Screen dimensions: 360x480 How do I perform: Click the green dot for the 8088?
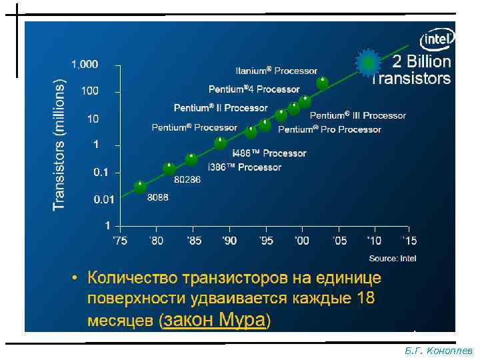click(140, 187)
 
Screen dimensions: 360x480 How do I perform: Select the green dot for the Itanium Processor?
click(322, 83)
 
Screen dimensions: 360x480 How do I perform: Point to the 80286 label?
click(187, 180)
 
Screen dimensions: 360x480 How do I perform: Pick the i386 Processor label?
click(245, 167)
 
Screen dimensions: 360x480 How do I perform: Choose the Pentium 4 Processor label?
click(254, 89)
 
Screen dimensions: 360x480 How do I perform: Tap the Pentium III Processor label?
click(357, 115)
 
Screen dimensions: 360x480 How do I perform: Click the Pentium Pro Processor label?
click(329, 129)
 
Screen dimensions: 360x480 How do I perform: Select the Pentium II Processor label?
click(221, 107)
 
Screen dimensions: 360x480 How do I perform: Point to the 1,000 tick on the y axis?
click(85, 65)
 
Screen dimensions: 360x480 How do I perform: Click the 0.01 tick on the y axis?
click(85, 199)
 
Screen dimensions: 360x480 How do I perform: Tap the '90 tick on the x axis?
click(229, 240)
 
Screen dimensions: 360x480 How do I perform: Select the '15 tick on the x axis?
click(409, 240)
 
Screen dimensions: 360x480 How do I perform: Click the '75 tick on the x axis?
click(119, 240)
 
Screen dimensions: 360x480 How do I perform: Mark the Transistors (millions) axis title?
click(59, 145)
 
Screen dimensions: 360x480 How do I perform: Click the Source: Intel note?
click(393, 258)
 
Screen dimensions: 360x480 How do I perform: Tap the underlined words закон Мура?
click(213, 321)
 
